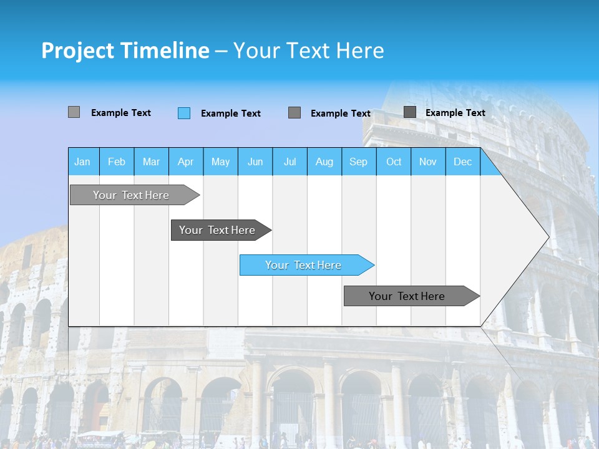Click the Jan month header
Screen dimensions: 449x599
pos(83,162)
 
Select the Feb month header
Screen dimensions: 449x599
pos(117,162)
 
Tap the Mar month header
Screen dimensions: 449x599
pos(151,162)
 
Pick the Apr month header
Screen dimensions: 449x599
pos(186,162)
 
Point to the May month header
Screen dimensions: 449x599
pos(220,162)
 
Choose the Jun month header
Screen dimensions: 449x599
pos(255,162)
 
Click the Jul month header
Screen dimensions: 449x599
pos(290,162)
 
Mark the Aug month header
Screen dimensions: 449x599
pos(324,162)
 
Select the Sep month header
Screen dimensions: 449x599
pos(359,162)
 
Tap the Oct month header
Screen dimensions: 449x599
pos(394,162)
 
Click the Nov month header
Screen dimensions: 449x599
pos(428,162)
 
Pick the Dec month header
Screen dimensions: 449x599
pos(463,162)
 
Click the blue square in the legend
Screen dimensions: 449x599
pos(184,113)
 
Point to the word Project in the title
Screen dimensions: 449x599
pos(77,51)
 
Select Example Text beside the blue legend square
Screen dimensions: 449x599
pos(231,113)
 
